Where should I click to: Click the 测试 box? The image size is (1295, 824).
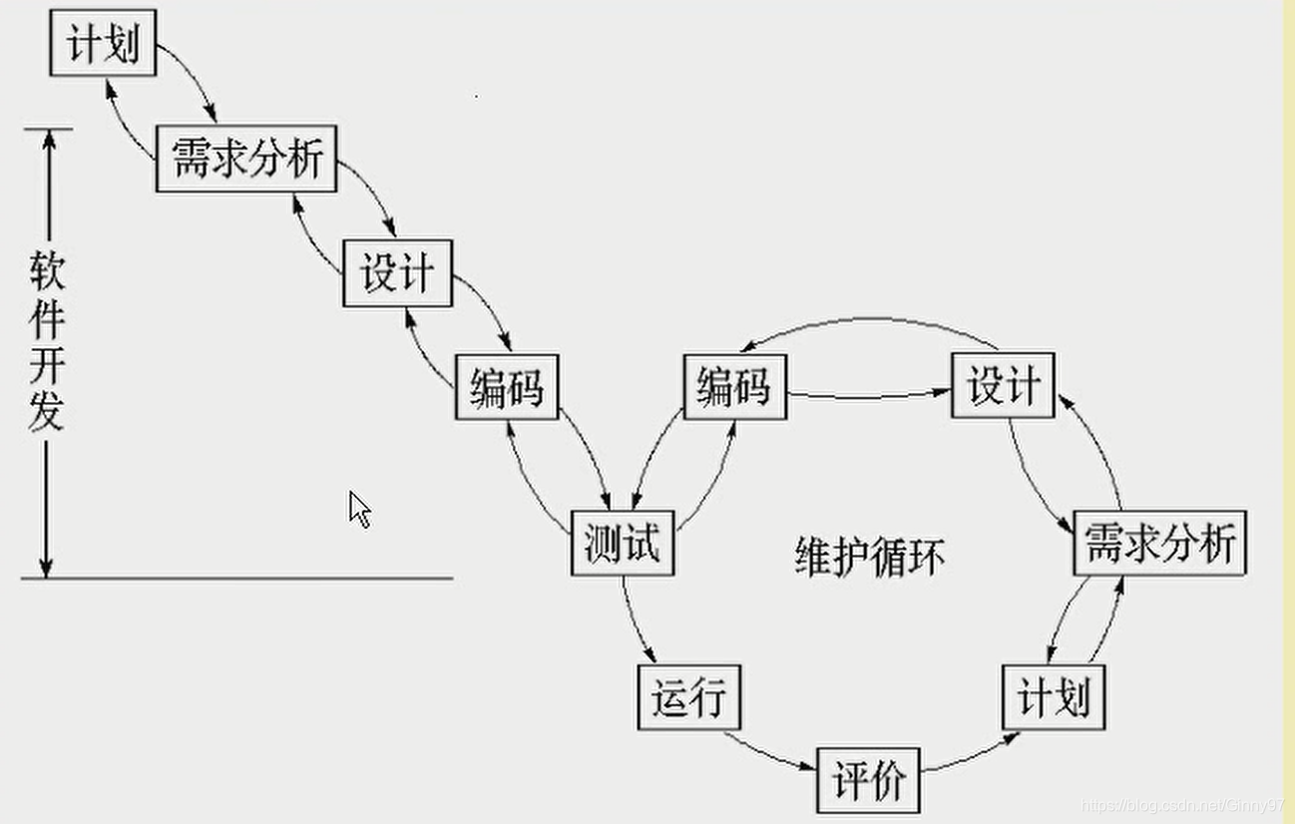623,544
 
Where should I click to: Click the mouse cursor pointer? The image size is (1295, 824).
359,509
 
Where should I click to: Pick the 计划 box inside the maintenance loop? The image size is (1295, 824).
1053,696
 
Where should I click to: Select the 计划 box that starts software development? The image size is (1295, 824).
103,45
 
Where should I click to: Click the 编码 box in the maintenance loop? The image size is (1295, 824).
734,386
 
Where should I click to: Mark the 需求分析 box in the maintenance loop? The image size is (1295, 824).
1159,544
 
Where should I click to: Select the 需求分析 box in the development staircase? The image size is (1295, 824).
247,159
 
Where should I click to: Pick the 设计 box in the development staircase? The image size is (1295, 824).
397,272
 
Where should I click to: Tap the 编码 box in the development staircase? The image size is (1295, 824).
507,386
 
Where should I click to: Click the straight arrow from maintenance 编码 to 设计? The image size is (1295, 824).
868,395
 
